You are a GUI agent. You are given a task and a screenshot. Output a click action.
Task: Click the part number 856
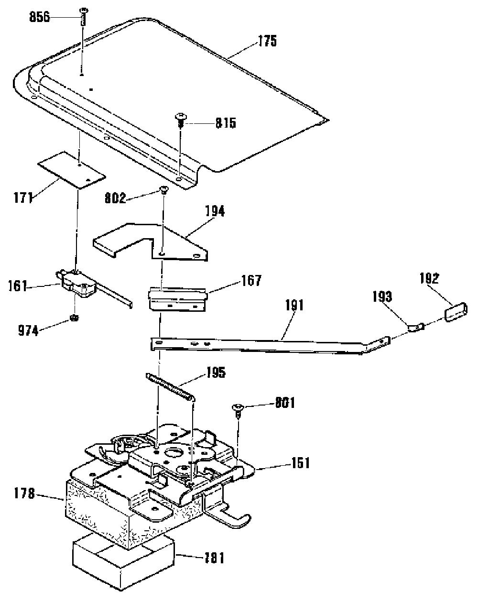pos(40,17)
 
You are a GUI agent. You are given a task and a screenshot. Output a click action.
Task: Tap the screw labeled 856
pos(84,17)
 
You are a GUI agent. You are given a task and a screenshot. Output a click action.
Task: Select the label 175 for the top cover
pos(267,41)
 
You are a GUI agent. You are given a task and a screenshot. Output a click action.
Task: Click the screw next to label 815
pos(180,121)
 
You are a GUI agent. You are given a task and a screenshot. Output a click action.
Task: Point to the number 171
pos(23,197)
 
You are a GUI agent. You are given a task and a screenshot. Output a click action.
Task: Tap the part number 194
pos(215,211)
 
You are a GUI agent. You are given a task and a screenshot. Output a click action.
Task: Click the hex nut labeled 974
pos(75,318)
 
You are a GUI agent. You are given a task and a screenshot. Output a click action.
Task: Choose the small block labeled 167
pos(178,299)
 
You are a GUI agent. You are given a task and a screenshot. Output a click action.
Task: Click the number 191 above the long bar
pos(294,305)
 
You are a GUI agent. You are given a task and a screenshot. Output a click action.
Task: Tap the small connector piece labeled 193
pos(416,327)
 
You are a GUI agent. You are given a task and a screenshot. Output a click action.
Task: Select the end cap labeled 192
pos(456,312)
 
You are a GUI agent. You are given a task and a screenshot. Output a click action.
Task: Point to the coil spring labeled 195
pos(170,387)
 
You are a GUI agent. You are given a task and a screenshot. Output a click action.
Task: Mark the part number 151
pos(300,463)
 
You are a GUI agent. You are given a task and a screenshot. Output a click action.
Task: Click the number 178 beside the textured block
pos(25,493)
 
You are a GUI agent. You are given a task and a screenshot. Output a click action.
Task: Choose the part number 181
pos(214,558)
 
